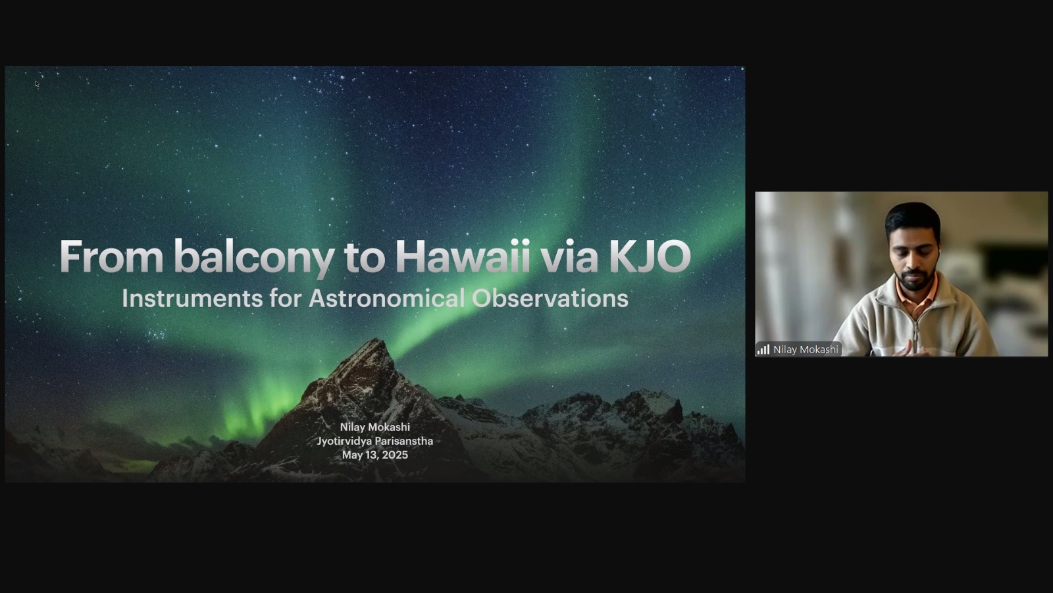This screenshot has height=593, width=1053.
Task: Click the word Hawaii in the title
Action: [x=463, y=256]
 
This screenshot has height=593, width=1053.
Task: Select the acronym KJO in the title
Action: [x=650, y=256]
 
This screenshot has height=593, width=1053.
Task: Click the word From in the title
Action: [x=111, y=256]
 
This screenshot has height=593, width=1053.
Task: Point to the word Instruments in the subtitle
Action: [x=192, y=298]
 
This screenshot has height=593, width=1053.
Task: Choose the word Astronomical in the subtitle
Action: [x=387, y=298]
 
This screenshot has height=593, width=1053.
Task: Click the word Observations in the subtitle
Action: [x=550, y=298]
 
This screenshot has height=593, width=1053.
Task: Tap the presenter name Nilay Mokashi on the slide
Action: [x=375, y=427]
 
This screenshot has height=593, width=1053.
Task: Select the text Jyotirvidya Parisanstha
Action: [x=375, y=441]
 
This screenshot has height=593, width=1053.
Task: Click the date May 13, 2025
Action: [x=375, y=455]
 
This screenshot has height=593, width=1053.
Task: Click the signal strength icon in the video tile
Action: [x=763, y=350]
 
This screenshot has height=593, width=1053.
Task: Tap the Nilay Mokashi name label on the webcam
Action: [x=806, y=350]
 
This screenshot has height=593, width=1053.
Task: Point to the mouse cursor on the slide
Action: [x=37, y=84]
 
